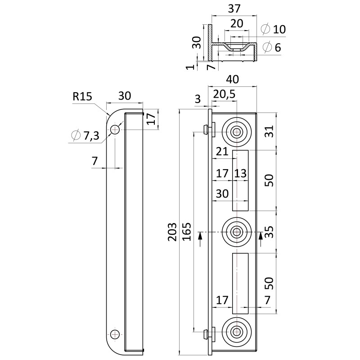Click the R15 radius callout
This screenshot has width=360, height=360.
pyautogui.click(x=82, y=97)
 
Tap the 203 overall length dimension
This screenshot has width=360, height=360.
pyautogui.click(x=172, y=232)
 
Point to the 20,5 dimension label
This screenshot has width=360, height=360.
pyautogui.click(x=224, y=94)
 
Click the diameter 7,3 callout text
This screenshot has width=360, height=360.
pyautogui.click(x=85, y=135)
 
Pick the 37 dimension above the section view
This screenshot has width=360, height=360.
pyautogui.click(x=234, y=9)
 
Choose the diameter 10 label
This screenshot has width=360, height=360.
pyautogui.click(x=274, y=29)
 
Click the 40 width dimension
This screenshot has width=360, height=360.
pyautogui.click(x=232, y=80)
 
